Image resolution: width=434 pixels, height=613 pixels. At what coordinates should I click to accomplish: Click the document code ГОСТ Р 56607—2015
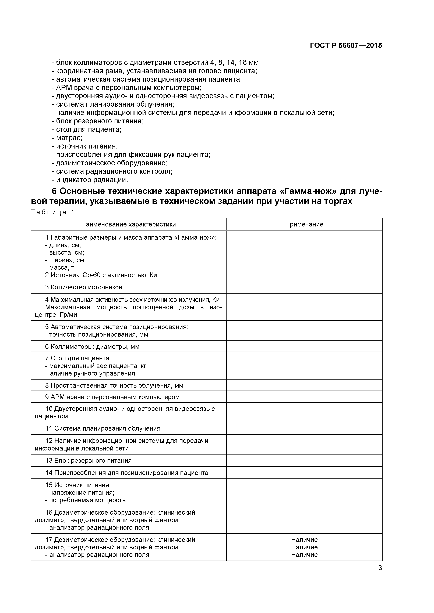click(346, 45)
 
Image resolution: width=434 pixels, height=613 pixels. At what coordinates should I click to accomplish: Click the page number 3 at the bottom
click(380, 576)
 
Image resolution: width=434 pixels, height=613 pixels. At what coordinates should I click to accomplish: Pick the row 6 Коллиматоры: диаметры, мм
click(92, 347)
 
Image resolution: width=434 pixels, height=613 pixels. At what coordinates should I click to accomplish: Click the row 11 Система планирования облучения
click(103, 428)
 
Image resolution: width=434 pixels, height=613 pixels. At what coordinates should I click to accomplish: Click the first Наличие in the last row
click(304, 540)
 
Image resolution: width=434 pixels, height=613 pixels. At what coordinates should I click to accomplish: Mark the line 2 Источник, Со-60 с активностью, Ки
click(101, 275)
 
